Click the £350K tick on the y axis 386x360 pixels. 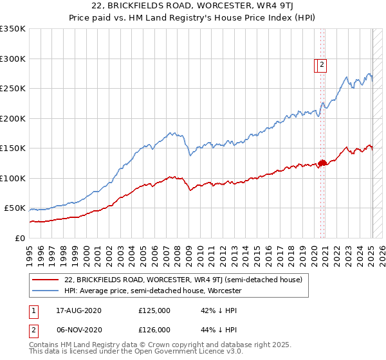coord(13,29)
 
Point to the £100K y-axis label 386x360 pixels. coord(13,178)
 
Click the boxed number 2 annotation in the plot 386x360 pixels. coord(321,64)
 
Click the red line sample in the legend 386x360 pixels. coord(45,280)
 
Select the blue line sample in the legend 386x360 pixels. coord(45,291)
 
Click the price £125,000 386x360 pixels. coord(154,310)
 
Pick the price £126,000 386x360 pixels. coord(154,330)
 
